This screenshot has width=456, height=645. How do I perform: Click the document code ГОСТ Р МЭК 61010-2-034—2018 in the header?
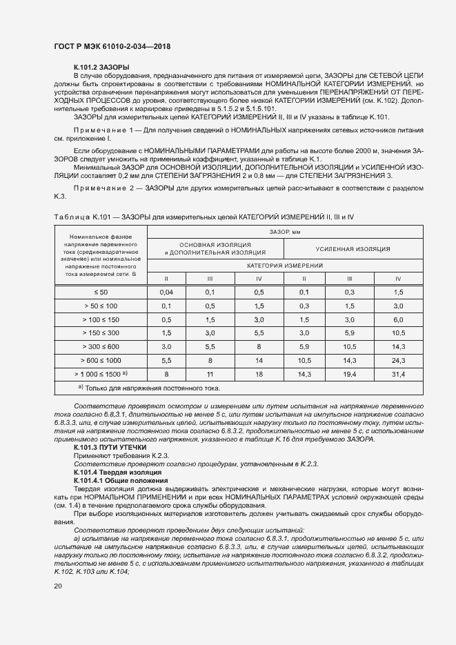point(112,46)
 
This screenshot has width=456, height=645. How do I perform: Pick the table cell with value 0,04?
point(166,292)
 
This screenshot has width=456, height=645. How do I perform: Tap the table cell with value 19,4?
point(350,373)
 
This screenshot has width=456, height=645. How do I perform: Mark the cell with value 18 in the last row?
point(259,373)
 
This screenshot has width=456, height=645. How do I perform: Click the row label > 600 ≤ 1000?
point(101,359)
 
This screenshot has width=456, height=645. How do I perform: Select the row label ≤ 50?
point(101,292)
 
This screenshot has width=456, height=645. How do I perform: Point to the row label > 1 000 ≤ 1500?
point(101,373)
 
